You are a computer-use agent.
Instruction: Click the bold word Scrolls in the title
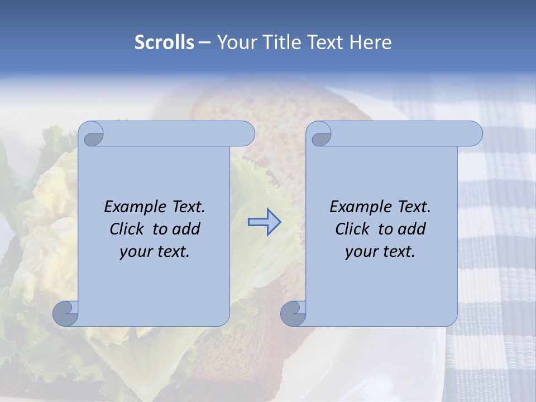pyautogui.click(x=165, y=42)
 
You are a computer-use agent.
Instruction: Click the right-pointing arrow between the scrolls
pyautogui.click(x=264, y=222)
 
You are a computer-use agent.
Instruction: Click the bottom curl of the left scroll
pyautogui.click(x=65, y=313)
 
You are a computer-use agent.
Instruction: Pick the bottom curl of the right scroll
pyautogui.click(x=293, y=313)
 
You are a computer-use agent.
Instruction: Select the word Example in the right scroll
pyautogui.click(x=361, y=207)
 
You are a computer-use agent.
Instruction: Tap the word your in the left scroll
pyautogui.click(x=134, y=252)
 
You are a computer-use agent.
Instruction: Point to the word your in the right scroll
pyautogui.click(x=360, y=252)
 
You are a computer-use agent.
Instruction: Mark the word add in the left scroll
pyautogui.click(x=187, y=229)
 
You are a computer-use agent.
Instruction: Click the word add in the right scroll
pyautogui.click(x=413, y=229)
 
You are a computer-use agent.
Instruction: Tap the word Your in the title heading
pyautogui.click(x=232, y=42)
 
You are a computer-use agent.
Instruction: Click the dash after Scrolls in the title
pyautogui.click(x=204, y=42)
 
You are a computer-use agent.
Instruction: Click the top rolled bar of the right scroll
pyautogui.click(x=402, y=133)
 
